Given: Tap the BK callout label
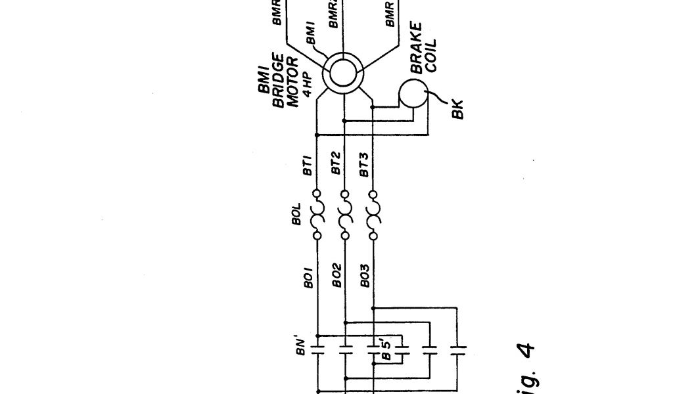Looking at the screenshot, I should tap(458, 109).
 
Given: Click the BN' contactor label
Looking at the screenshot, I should tap(300, 343).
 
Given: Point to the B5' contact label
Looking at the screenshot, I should tap(388, 349).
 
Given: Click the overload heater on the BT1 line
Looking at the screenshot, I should tap(317, 214).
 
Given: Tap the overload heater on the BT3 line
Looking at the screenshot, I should tap(373, 214).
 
